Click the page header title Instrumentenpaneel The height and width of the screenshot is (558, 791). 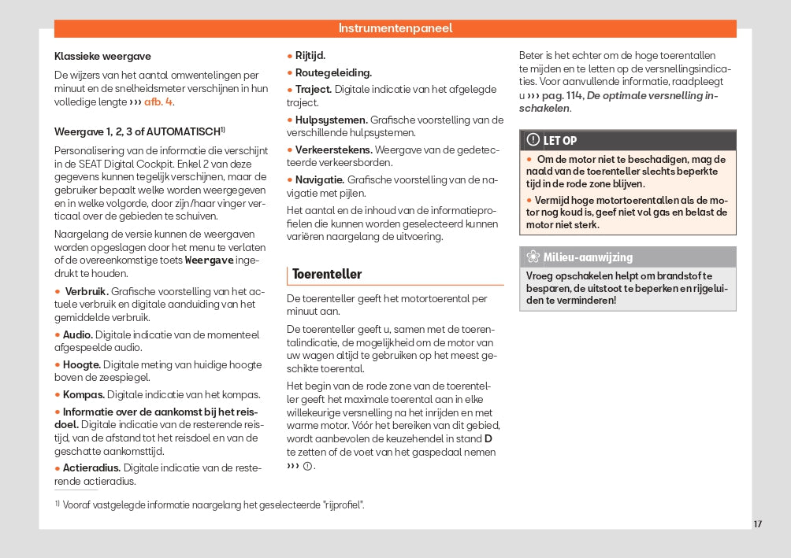coord(395,28)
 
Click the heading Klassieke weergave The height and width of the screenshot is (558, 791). coord(102,57)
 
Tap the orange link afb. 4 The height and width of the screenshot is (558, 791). coord(158,102)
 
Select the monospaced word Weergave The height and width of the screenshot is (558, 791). coord(209,261)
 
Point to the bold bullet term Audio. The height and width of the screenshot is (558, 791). coord(78,334)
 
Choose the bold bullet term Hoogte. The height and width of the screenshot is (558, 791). coord(81,365)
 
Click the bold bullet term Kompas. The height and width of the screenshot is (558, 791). coord(84,395)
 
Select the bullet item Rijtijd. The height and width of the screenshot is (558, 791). coord(310,56)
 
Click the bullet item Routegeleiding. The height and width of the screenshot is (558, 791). coord(333,72)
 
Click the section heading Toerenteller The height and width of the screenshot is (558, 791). coord(327,275)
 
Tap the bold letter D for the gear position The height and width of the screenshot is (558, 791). coord(488,438)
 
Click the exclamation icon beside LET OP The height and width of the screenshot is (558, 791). coord(533,140)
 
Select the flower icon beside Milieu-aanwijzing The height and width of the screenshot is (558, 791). coord(533,257)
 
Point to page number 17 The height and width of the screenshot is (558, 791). coord(757,524)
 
